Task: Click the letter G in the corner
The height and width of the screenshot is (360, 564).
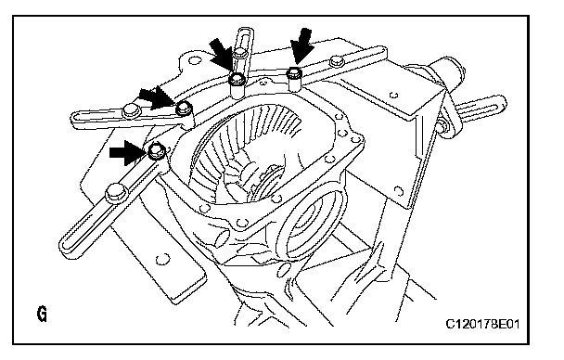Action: [42, 314]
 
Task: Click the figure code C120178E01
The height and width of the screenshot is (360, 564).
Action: [482, 324]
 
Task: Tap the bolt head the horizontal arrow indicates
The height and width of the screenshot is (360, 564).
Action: [157, 150]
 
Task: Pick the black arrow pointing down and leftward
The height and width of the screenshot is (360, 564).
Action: [301, 46]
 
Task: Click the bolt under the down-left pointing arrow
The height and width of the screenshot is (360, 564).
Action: [294, 74]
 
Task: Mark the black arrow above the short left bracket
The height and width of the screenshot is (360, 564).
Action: [157, 98]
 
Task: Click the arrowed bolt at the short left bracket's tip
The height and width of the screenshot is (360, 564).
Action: [184, 108]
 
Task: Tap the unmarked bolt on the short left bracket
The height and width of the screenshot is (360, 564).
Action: [131, 109]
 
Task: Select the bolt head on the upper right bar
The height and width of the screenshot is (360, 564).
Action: [336, 60]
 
